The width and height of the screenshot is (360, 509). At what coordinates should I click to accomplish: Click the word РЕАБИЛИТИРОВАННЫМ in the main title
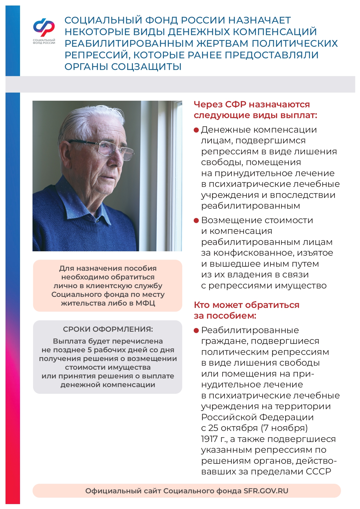click(x=129, y=44)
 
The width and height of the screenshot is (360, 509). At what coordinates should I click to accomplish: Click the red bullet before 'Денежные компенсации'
click(x=196, y=130)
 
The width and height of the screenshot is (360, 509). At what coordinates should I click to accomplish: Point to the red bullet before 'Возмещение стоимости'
click(x=196, y=221)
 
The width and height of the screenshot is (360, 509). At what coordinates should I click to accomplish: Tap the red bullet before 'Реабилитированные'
click(x=196, y=331)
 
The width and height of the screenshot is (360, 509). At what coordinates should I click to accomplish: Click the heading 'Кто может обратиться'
click(x=246, y=305)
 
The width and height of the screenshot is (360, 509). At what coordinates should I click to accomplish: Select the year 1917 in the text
click(x=209, y=439)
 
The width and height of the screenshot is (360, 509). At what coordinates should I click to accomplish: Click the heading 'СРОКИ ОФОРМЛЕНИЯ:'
click(x=108, y=329)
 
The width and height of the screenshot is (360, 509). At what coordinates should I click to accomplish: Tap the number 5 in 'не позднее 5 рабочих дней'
click(x=89, y=350)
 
